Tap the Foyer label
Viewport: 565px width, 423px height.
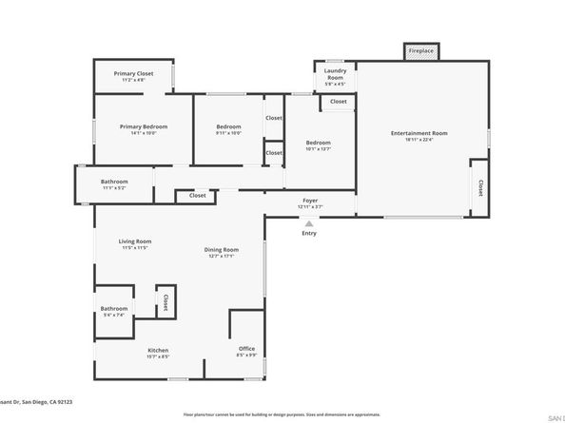click(309, 202)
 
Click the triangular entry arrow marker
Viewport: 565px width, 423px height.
click(308, 221)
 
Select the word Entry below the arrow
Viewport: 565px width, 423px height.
click(309, 233)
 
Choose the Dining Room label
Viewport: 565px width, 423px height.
click(220, 252)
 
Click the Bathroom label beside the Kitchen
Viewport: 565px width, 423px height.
click(114, 310)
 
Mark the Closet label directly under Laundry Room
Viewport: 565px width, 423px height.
click(338, 102)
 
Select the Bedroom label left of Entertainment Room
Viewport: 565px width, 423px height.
click(318, 144)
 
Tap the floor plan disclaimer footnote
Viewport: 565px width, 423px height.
click(282, 415)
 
